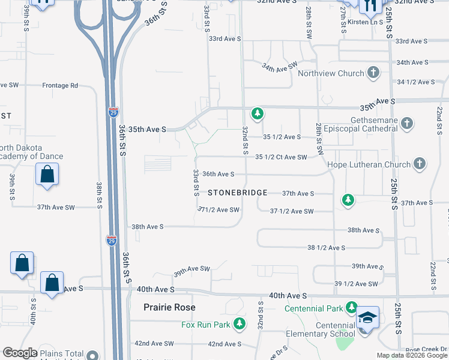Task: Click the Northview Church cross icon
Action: [x=373, y=73]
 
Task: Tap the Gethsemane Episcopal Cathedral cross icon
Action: [x=408, y=124]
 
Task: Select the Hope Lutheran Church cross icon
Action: [x=420, y=164]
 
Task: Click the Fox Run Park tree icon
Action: [x=240, y=325]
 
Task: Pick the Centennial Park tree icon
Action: [x=352, y=308]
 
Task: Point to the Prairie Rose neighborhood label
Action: [x=170, y=307]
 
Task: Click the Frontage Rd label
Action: [x=60, y=85]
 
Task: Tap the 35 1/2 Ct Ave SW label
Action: [x=281, y=157]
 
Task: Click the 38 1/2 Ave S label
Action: [x=326, y=247]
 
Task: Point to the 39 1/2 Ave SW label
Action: [x=356, y=284]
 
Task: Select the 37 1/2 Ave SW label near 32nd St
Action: [x=292, y=211]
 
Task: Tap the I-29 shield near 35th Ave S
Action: [x=114, y=112]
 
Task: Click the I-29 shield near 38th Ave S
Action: [x=112, y=241]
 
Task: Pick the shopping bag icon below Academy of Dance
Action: [x=47, y=175]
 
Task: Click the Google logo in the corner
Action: [x=20, y=353]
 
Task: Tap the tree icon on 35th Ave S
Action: [x=258, y=113]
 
